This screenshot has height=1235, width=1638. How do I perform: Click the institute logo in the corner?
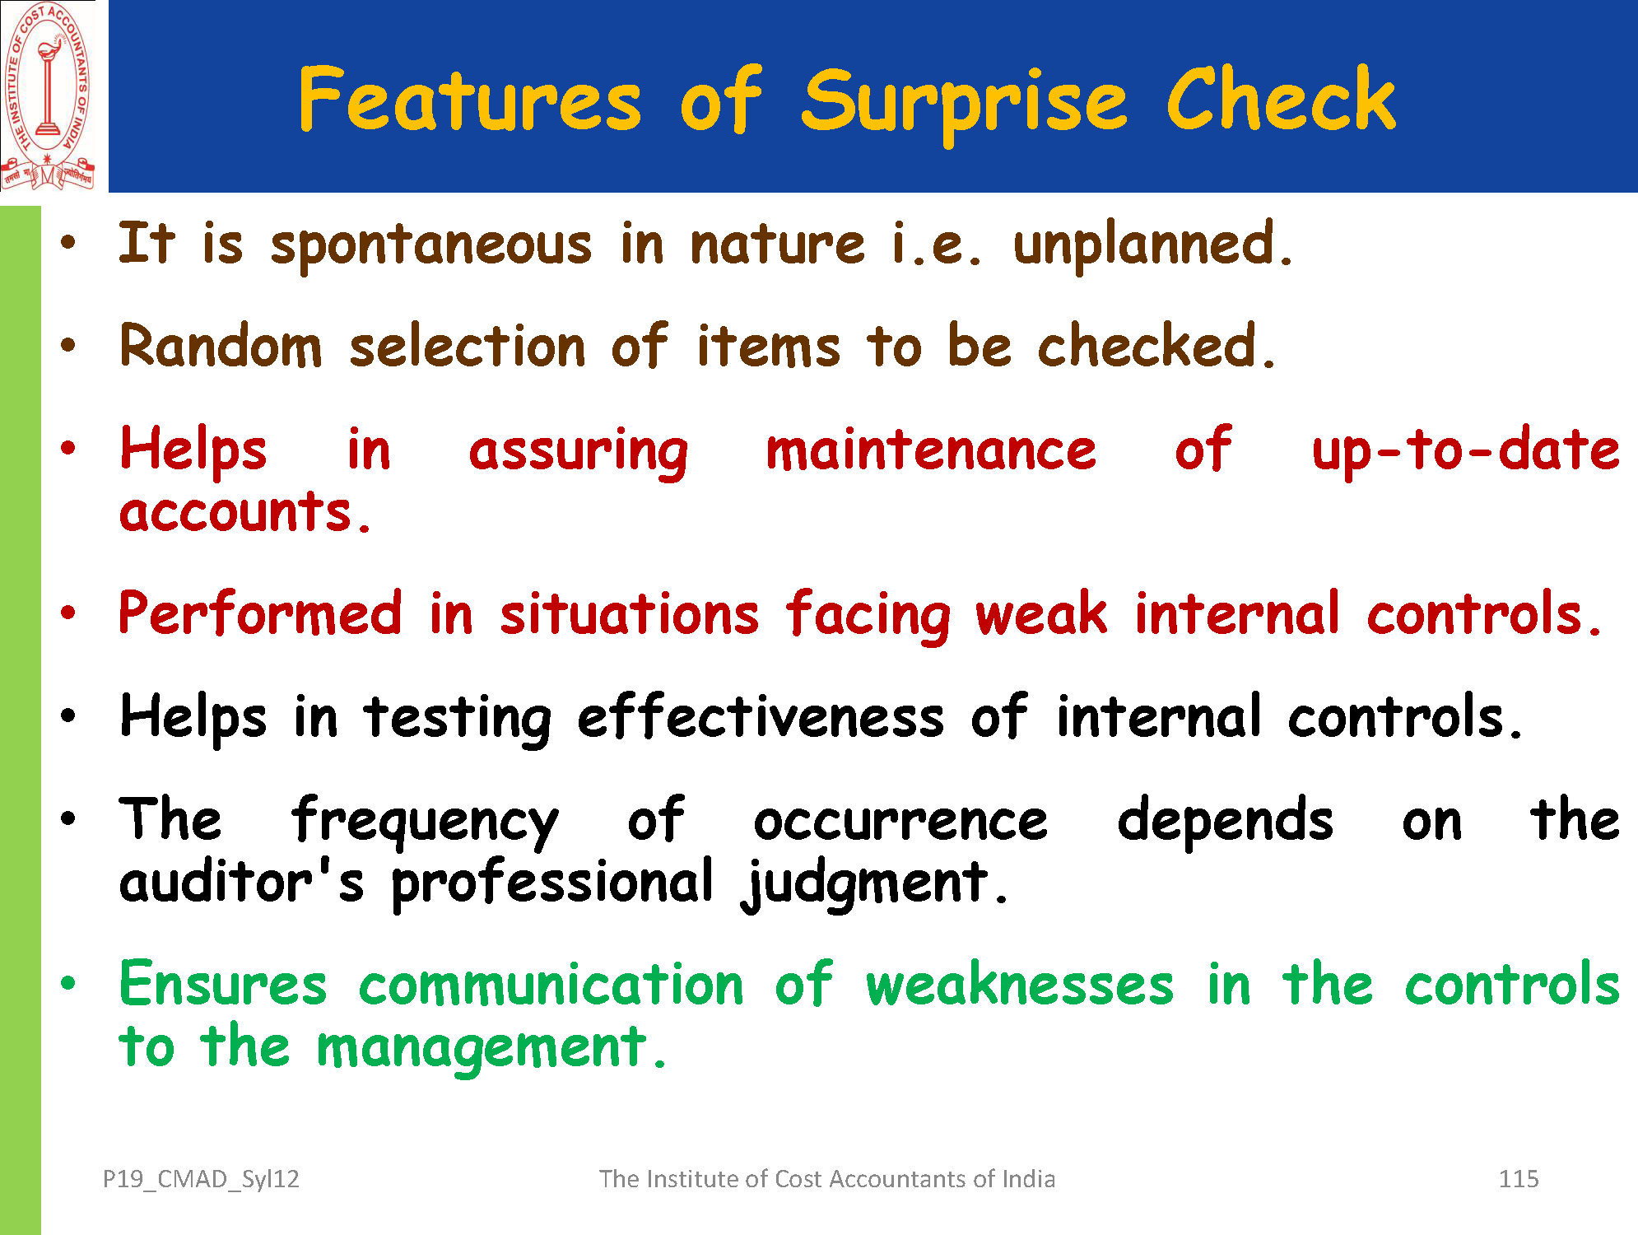[x=48, y=96]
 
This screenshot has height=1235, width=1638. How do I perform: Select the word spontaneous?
[x=430, y=246]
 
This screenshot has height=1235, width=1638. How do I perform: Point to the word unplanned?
[x=1152, y=245]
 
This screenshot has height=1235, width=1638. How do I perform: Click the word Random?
[x=221, y=345]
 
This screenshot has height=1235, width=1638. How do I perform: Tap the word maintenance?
[x=931, y=451]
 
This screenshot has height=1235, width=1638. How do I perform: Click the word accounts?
[x=245, y=512]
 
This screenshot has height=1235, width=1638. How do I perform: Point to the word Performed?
[x=261, y=613]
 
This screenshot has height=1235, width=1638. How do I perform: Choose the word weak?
[x=1041, y=613]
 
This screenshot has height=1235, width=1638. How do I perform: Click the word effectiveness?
[x=761, y=717]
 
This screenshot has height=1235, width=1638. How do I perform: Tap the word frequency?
[x=425, y=822]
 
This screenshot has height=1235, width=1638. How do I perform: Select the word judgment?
[x=873, y=883]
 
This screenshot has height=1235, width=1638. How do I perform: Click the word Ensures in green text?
[x=223, y=984]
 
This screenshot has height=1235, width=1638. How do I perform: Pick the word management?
[x=491, y=1048]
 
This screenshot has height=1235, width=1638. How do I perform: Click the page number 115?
[x=1519, y=1179]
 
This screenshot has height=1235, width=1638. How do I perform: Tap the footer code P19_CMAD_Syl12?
[x=201, y=1180]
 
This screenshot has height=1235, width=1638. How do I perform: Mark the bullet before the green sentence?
[x=68, y=982]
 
